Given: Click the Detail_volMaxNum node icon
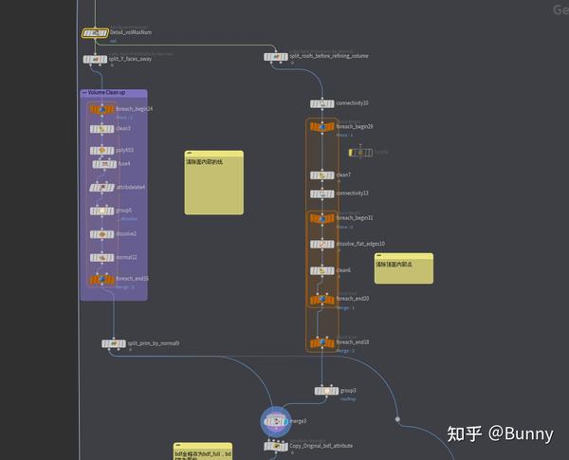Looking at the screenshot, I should point(95,33).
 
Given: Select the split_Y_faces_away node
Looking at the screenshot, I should point(95,59).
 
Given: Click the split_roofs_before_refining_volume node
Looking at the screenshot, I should point(276,57).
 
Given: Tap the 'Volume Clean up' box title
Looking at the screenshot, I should point(106,93).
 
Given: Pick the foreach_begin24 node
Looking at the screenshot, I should point(101,110).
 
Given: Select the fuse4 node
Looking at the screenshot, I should point(101,163).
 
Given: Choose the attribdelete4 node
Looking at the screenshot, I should point(101,187).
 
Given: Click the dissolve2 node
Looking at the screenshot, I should point(101,233).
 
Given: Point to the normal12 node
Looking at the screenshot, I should point(101,257).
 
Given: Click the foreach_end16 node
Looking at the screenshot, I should point(101,280).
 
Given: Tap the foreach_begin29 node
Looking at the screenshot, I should point(322,126).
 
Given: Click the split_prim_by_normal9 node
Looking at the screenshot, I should point(114,343).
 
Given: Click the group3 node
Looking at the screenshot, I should point(326,390).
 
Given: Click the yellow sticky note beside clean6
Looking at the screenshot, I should point(403,267).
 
